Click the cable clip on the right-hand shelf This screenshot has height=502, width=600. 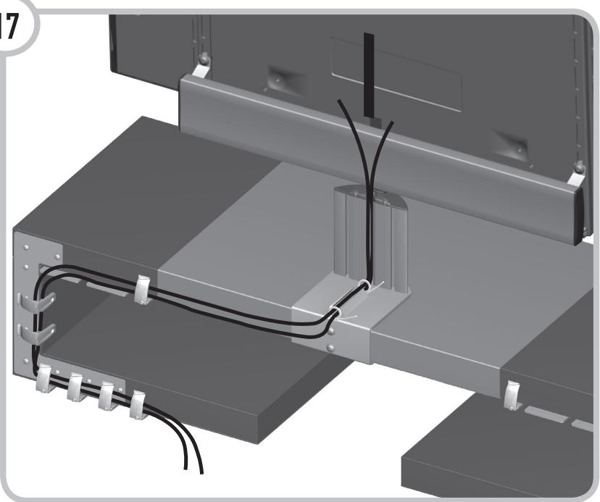click(513, 394)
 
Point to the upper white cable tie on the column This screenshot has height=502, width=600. click(367, 287)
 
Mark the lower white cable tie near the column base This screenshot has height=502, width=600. click(338, 314)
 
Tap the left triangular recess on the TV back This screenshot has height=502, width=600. click(279, 77)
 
